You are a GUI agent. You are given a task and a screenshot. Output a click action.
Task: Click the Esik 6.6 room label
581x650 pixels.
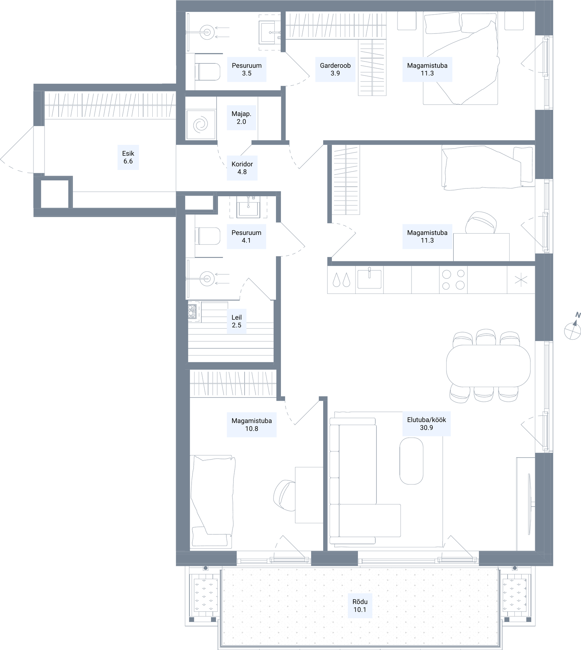pyautogui.click(x=128, y=157)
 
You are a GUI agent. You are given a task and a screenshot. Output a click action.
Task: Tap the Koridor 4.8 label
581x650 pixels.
pyautogui.click(x=242, y=168)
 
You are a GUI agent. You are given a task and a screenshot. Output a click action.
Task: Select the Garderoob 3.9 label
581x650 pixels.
pyautogui.click(x=335, y=69)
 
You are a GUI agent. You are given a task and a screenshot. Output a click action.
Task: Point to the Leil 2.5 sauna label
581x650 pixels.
pyautogui.click(x=236, y=321)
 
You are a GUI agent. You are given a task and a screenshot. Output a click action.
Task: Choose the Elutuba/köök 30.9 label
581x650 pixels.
pyautogui.click(x=426, y=423)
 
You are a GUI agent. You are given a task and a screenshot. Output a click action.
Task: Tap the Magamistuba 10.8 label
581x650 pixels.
pyautogui.click(x=252, y=424)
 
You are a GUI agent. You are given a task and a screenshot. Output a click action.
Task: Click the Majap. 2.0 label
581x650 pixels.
pyautogui.click(x=241, y=118)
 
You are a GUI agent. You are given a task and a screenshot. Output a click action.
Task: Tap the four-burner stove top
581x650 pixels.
pyautogui.click(x=453, y=280)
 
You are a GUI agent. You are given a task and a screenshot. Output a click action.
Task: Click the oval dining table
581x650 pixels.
pyautogui.click(x=488, y=366)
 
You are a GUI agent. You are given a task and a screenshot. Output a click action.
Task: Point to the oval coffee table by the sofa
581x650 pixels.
pyautogui.click(x=411, y=461)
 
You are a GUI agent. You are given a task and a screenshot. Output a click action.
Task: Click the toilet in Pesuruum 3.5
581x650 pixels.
pyautogui.click(x=208, y=72)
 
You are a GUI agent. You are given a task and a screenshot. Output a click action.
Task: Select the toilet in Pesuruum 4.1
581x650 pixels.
pyautogui.click(x=208, y=236)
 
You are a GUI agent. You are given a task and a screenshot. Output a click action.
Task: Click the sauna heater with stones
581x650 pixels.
pyautogui.click(x=192, y=311)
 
